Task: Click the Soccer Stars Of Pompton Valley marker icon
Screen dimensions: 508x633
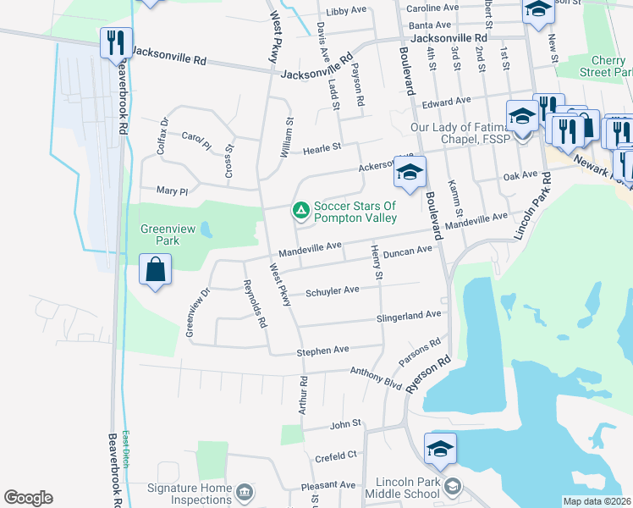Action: coord(300,210)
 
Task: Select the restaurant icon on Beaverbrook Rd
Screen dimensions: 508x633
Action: coord(116,42)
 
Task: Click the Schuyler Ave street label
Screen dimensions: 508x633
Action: coord(333,290)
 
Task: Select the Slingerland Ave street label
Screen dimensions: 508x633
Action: coord(410,315)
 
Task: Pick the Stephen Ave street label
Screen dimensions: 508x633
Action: coord(322,350)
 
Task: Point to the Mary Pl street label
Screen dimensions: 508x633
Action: coord(172,190)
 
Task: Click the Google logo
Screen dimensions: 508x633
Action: coord(28,498)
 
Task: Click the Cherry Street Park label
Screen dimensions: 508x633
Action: coord(607,66)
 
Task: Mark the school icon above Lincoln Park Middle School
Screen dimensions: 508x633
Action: coord(440,448)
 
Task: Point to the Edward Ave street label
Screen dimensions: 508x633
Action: coord(446,101)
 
